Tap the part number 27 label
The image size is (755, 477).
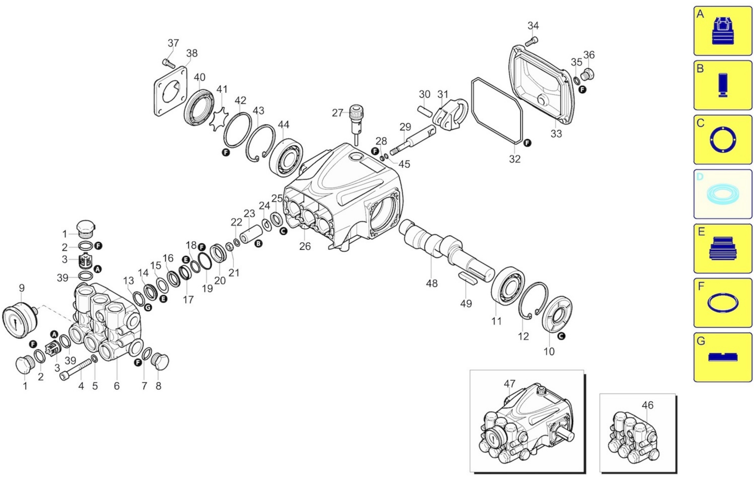(337, 113)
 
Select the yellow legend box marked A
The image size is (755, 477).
(723, 31)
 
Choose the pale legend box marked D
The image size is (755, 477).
(723, 194)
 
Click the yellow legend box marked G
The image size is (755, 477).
(723, 357)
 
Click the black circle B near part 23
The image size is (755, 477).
(258, 244)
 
